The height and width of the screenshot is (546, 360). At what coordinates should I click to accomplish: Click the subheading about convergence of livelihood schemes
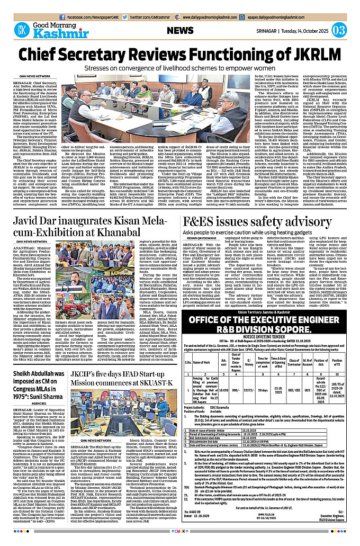click(180, 68)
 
